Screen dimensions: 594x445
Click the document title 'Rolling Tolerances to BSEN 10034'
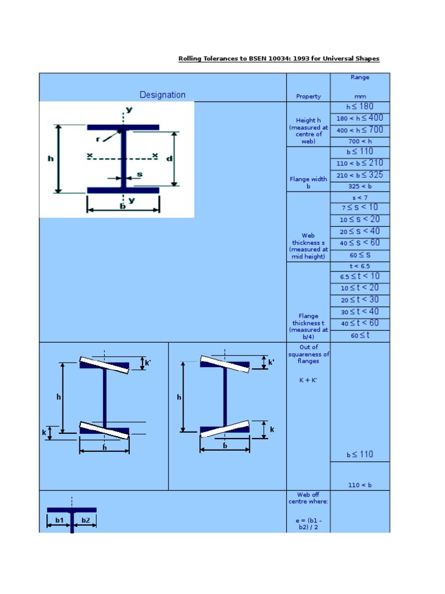[279, 59]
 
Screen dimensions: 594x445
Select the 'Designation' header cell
[162, 95]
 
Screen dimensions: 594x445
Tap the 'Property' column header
[308, 96]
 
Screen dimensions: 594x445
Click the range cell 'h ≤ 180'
[360, 107]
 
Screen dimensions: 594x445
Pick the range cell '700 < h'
[360, 142]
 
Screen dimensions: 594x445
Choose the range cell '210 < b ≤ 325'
[360, 175]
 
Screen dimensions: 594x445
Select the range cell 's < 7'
[360, 198]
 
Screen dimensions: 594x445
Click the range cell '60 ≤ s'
[360, 255]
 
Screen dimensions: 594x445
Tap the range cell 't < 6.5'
[360, 266]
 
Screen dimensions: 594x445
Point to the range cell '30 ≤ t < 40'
[360, 312]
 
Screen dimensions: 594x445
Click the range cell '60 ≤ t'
[360, 335]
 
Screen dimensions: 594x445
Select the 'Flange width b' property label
[308, 183]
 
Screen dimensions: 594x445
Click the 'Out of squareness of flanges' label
[308, 354]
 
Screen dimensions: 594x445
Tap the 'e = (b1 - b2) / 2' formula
[308, 524]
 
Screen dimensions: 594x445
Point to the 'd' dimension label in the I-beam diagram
[170, 158]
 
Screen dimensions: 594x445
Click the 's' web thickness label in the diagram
[140, 174]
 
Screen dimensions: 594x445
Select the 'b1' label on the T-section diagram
[59, 520]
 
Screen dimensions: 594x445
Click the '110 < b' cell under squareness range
[360, 485]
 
